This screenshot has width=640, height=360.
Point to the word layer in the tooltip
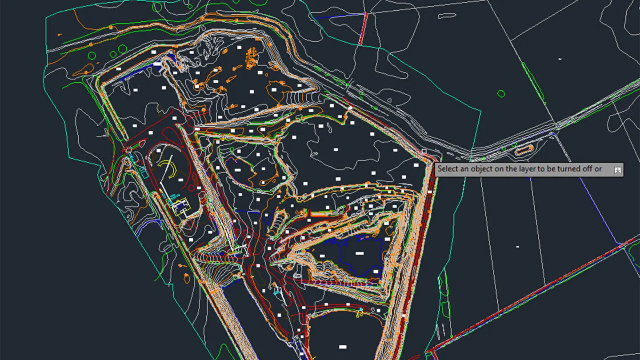[x=518, y=169]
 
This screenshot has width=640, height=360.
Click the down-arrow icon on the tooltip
[x=618, y=170]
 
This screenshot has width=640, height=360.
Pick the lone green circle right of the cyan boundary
[x=501, y=93]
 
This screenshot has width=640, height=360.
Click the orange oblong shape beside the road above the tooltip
[x=524, y=149]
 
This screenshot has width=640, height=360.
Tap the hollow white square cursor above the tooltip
[x=424, y=151]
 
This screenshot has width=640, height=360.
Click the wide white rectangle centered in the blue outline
[x=360, y=253]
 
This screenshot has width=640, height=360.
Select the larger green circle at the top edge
[x=157, y=7]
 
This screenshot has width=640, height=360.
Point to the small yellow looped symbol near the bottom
[x=359, y=314]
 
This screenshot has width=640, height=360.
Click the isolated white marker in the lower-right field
[x=517, y=246]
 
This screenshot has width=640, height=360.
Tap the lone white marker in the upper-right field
[x=560, y=58]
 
